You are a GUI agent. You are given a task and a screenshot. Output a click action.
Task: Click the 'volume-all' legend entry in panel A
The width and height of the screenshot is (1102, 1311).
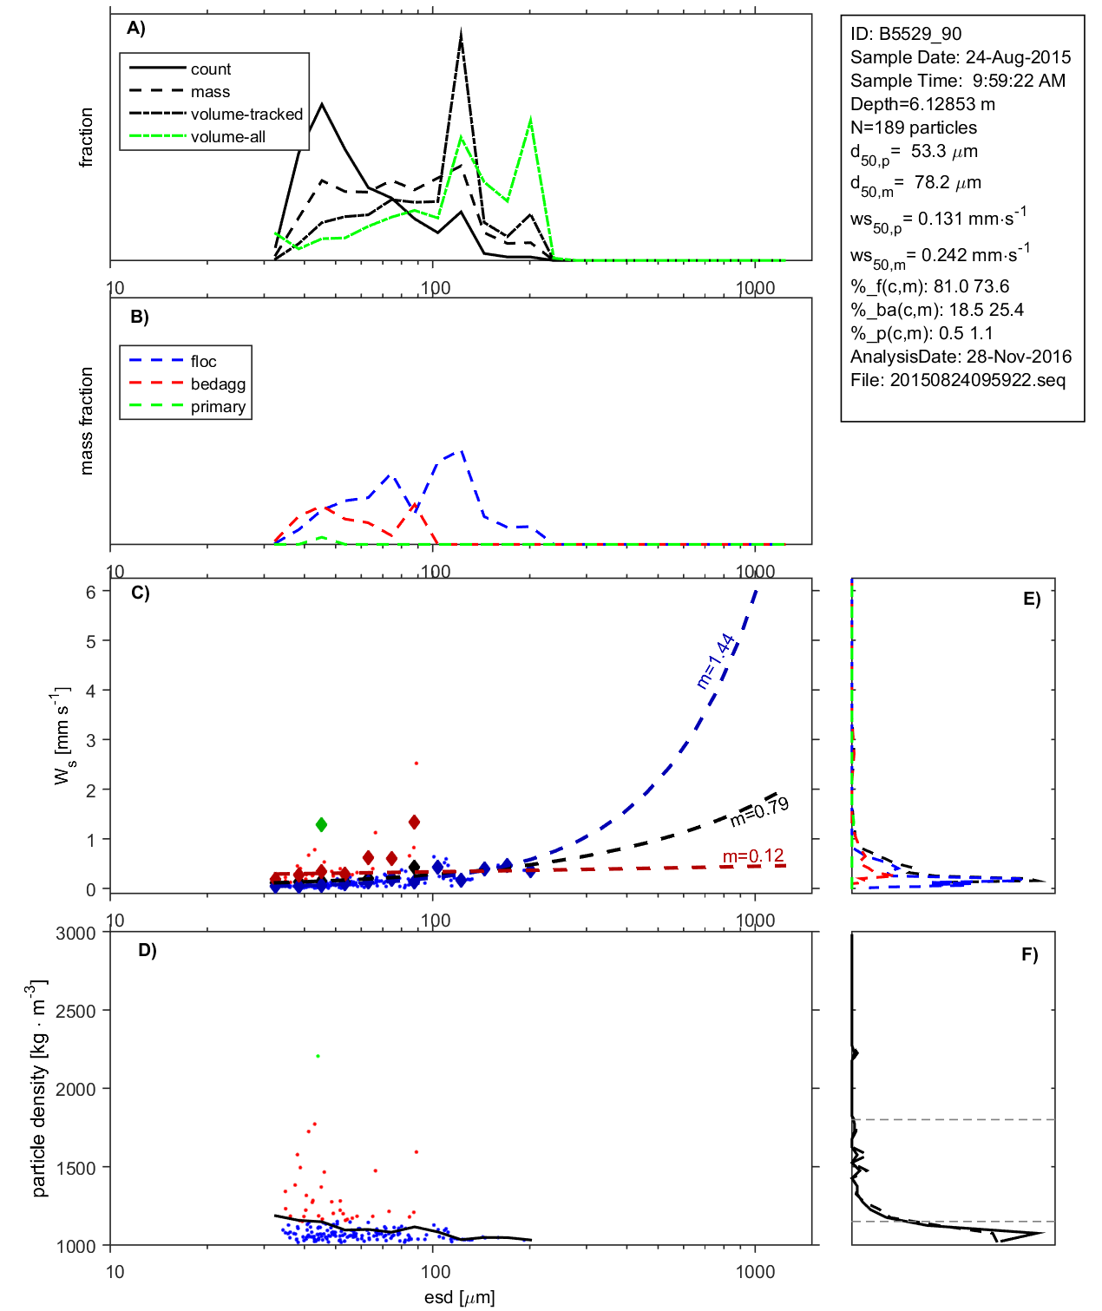coord(227,137)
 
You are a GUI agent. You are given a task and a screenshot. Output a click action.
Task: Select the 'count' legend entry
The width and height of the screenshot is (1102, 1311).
coord(211,69)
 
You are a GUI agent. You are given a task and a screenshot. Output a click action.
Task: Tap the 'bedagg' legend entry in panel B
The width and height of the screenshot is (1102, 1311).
coord(218,384)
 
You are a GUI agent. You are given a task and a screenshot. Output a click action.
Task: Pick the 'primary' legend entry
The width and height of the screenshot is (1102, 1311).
coord(218,407)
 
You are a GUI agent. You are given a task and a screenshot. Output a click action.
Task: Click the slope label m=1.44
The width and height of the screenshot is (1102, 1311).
coord(716,661)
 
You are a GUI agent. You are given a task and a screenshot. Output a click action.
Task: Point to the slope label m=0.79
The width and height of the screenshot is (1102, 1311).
coord(759,811)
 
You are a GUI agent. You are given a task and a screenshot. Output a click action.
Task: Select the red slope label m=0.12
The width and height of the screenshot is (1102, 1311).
coord(753,856)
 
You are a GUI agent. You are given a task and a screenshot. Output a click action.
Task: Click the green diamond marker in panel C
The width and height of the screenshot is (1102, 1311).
coord(322,824)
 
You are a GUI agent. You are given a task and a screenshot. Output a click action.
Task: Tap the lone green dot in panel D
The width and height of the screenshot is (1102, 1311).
coord(318,1056)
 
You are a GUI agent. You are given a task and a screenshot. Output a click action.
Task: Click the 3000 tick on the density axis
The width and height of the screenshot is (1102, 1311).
coord(75,934)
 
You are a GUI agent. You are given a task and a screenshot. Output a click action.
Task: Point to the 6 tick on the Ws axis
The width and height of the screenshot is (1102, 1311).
coord(90,592)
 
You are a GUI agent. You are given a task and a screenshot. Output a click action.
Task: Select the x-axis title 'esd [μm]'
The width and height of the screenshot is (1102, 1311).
coord(460,1297)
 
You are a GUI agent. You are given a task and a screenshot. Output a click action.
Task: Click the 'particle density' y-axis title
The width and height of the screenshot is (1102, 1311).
coord(39,1089)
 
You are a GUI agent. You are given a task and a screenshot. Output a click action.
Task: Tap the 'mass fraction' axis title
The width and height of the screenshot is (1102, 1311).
coord(86,421)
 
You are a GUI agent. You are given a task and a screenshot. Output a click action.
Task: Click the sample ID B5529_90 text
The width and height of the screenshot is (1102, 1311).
coord(906,34)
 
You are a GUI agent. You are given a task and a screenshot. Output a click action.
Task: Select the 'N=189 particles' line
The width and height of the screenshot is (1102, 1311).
coord(913,128)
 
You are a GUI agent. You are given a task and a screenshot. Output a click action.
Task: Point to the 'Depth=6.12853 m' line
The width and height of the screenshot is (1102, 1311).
coord(922,104)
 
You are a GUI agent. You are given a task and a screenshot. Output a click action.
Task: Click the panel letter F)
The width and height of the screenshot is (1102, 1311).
coord(1029,954)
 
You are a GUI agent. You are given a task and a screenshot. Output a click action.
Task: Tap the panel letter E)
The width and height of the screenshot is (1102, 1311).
coord(1031,599)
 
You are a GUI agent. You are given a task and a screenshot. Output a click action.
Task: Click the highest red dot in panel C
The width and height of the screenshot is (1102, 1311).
coord(417,764)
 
